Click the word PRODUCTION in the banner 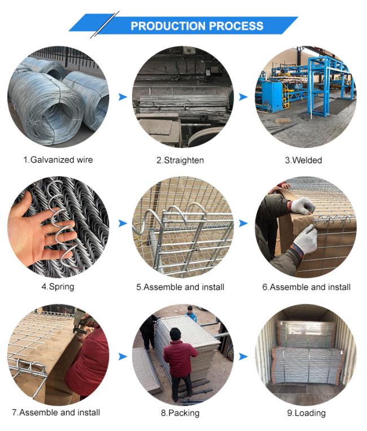point(168,26)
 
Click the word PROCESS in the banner point(236,26)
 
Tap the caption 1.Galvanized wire point(58,160)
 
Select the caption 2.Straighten point(180,160)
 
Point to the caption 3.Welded point(303,160)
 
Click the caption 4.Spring point(58,287)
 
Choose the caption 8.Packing point(180,413)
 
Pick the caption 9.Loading point(307,413)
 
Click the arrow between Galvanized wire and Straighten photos point(123,97)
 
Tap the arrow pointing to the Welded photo point(243,97)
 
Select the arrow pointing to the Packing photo point(123,356)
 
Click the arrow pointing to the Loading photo point(243,356)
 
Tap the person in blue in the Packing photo point(191,314)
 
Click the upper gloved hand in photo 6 point(303,206)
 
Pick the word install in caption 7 point(89,412)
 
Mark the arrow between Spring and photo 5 point(123,223)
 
